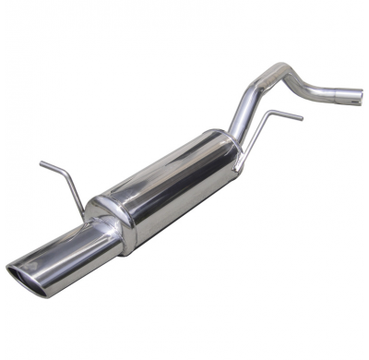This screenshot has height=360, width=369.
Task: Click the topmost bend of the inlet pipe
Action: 277,72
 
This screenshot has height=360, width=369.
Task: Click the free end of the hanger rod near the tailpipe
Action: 42,165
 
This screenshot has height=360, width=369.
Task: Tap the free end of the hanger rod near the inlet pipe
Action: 301,118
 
